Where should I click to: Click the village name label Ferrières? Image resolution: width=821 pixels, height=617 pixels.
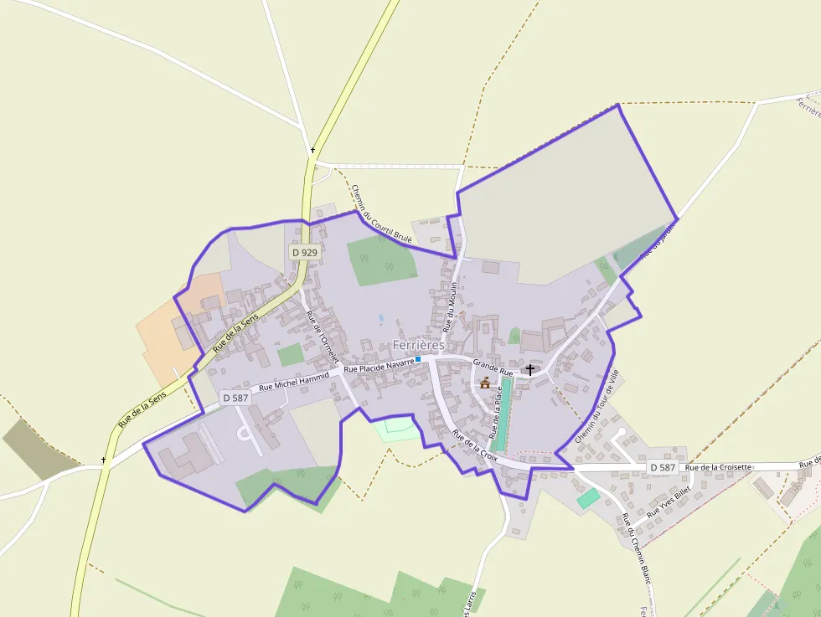coord(418,345)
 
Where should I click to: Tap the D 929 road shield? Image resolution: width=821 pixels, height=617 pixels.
coord(305,252)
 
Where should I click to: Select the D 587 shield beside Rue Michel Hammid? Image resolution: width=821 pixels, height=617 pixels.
coord(235,398)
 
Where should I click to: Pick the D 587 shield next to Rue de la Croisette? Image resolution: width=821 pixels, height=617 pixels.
coord(662,467)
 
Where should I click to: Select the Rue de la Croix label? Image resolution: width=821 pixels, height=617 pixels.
coord(475,446)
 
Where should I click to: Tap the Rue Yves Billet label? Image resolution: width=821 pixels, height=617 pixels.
coord(669,501)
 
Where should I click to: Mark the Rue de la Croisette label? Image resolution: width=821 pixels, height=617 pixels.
coord(718,467)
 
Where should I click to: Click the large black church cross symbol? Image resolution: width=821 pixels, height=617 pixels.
coord(529,368)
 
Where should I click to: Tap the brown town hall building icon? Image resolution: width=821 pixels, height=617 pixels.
coord(484,383)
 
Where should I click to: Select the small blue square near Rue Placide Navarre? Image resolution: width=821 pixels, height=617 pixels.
coord(418,359)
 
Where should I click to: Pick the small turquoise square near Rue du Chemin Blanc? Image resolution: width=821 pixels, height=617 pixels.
coord(588,496)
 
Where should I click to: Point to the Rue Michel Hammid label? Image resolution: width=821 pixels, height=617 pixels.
coord(295,382)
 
